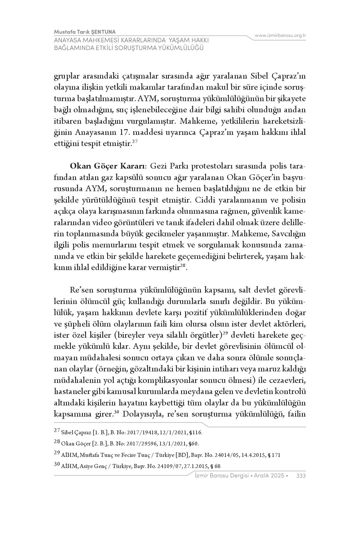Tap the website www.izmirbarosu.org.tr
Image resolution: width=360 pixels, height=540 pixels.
click(x=280, y=35)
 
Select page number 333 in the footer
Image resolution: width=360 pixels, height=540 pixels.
click(x=301, y=476)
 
